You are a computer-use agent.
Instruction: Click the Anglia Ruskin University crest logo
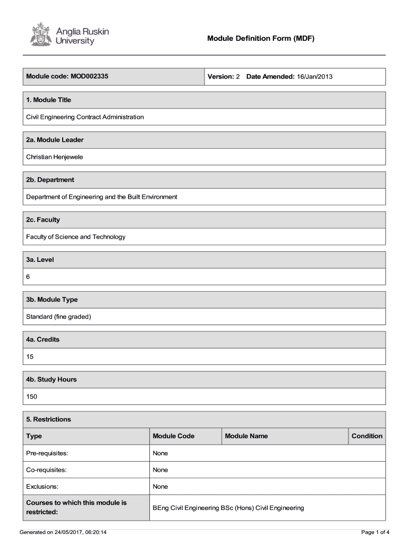pos(39,34)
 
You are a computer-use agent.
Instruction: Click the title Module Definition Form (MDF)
pos(261,38)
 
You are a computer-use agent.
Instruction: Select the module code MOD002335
pos(89,76)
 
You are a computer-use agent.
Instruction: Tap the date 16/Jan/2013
pos(314,76)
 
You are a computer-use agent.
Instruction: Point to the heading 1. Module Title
pos(48,100)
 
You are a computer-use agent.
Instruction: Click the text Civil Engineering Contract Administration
pos(85,117)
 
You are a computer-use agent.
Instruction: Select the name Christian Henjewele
pos(55,157)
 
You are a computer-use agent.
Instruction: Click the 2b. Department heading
pos(50,180)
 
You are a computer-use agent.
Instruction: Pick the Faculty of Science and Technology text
pos(76,237)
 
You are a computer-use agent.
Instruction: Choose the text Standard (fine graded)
pos(59,317)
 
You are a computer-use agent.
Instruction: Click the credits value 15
pos(30,356)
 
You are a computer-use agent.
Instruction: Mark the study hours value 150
pos(32,396)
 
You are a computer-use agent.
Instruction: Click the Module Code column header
pos(174,436)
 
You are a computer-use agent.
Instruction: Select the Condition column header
pos(367,436)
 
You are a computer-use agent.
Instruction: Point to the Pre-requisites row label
pos(47,453)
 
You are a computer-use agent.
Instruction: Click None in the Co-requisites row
pos(160,470)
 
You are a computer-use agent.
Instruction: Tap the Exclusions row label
pos(42,487)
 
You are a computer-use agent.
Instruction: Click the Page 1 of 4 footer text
pos(376,532)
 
